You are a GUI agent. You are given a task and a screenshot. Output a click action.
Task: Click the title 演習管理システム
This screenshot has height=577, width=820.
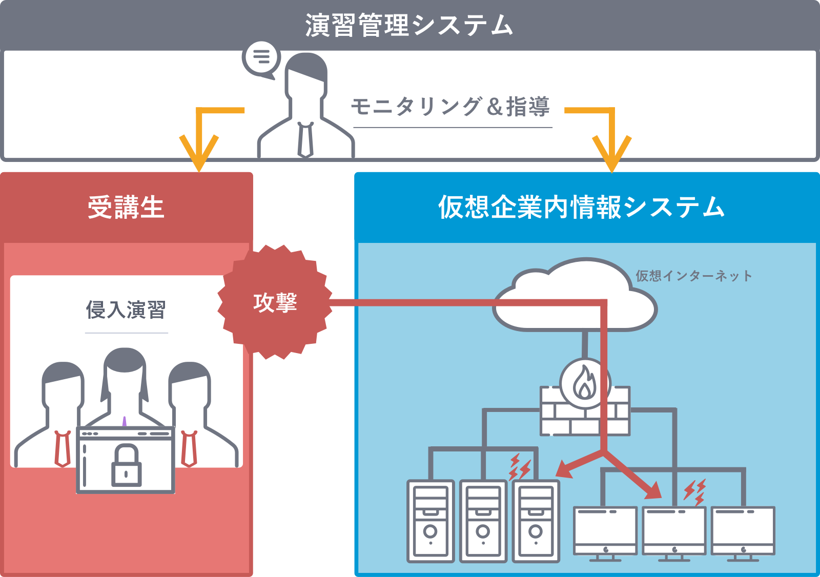coord(409,25)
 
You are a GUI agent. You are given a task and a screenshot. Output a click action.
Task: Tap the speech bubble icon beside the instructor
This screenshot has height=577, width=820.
coord(261,58)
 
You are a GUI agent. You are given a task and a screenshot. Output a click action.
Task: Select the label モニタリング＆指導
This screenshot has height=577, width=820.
coord(450,107)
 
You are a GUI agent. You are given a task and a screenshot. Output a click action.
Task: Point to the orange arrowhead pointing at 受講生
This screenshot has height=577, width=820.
coord(199,153)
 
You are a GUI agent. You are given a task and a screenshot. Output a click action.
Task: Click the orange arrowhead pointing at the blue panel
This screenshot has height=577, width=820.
coord(611,154)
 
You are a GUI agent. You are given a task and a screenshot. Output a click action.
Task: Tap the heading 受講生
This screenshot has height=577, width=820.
coord(126,208)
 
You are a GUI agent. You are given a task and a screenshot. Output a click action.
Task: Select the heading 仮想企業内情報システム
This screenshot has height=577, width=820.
coord(581,207)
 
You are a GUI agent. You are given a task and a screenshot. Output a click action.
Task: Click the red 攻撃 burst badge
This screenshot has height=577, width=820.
coord(275,302)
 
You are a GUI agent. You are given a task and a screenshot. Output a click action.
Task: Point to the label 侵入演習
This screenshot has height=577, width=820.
coord(126,310)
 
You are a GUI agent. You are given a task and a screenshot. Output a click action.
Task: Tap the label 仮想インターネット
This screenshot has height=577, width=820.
coord(694,276)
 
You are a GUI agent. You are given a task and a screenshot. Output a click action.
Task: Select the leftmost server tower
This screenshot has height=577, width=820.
coord(430,521)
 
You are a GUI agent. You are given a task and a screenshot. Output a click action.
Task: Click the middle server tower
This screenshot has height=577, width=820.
coord(483,521)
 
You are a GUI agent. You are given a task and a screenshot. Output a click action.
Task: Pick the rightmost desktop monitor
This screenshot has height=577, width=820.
coord(743,531)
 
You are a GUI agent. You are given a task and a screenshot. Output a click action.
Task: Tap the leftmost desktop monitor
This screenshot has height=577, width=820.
coord(605,531)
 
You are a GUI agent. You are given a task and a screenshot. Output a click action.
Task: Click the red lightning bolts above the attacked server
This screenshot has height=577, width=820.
coord(520,467)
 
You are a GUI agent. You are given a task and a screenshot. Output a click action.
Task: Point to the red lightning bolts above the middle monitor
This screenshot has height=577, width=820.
coord(695,492)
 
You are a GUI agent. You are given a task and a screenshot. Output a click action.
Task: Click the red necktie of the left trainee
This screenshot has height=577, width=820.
coord(63,448)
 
